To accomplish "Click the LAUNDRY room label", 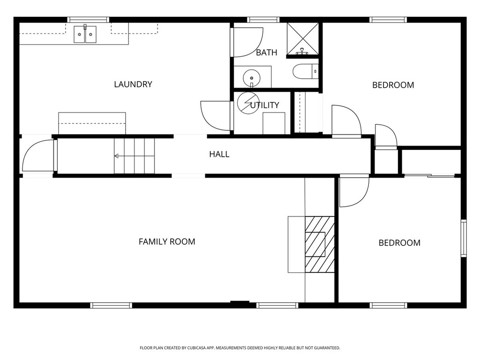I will coord(133,84).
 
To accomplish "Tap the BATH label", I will coord(266,52).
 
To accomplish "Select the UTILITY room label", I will coord(265,105).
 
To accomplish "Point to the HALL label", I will coord(219,154).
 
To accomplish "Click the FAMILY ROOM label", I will coord(167,242).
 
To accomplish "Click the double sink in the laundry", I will coord(85,35).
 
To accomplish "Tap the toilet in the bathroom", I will coord(305,71).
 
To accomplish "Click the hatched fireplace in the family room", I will coord(320,244).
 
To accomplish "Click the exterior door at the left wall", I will coord(38,156).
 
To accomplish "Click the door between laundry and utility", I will coord(216,116).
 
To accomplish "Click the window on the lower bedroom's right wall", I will coord(464,238).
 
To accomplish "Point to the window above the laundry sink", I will coord(88,20).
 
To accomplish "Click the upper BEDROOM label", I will coord(393,85).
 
